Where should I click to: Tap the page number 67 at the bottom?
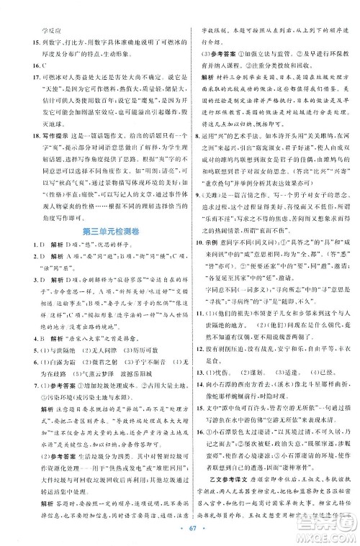coord(180,531)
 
